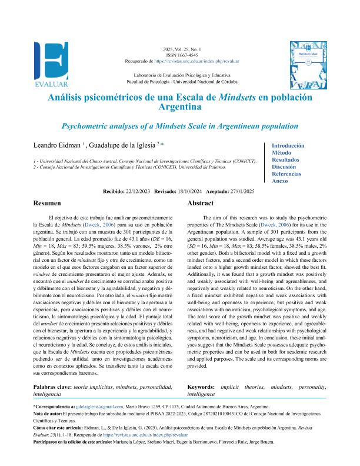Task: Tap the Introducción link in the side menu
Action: (288, 145)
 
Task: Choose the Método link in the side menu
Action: (282, 152)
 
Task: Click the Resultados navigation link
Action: (285, 159)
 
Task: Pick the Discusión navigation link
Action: (285, 167)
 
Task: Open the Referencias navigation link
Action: (286, 174)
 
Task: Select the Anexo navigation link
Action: (279, 181)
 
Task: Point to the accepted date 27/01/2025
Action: (241, 191)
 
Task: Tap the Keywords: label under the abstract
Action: (201, 387)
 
